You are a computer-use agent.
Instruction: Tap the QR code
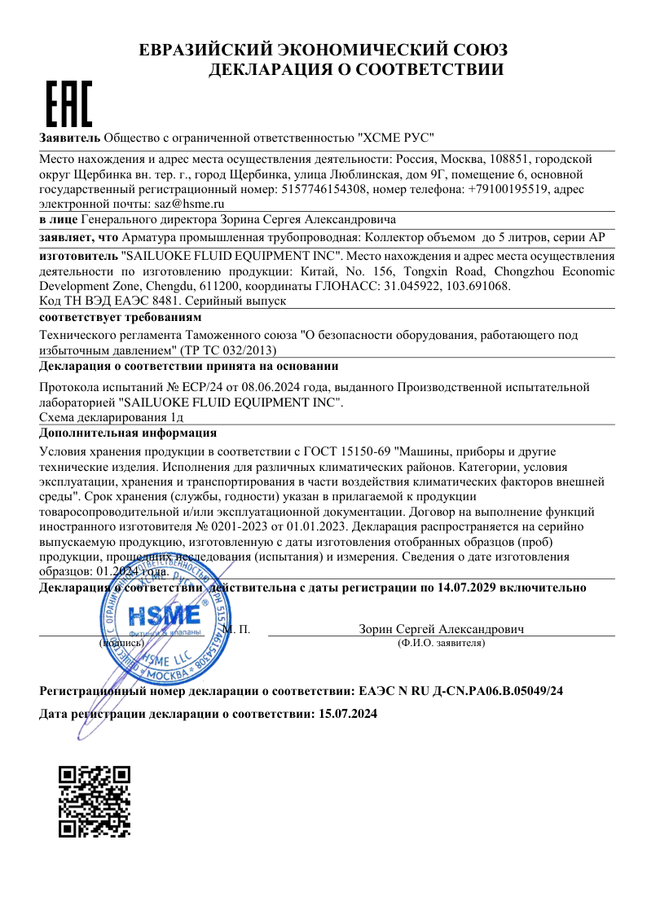(95, 801)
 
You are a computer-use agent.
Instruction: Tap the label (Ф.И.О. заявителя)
(441, 644)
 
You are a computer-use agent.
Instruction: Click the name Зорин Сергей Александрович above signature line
(441, 629)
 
